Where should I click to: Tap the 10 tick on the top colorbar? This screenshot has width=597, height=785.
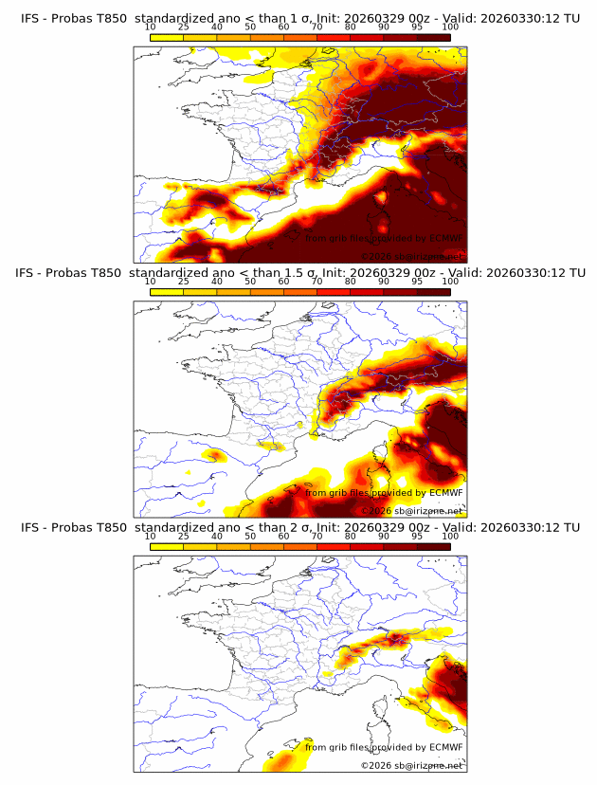pos(150,27)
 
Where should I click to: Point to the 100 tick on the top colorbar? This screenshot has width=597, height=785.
pos(450,27)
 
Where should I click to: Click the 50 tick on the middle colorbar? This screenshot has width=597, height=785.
pos(250,282)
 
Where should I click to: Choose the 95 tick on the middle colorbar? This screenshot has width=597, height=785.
pos(417,282)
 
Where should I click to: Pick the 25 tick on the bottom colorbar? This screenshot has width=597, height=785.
pos(183,536)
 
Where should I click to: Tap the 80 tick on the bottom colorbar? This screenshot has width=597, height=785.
pos(351,536)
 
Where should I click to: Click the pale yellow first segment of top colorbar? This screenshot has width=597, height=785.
pos(167,36)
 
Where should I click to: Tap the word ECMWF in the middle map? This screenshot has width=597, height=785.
pos(445,493)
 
